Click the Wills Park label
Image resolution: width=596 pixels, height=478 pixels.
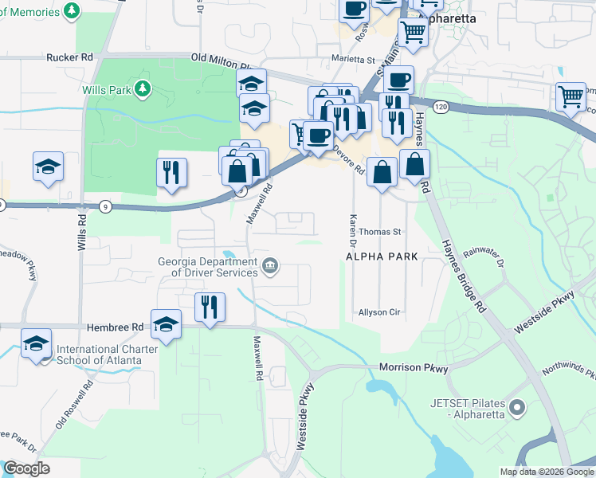(x=106, y=90)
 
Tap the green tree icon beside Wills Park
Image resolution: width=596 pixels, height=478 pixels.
(x=143, y=88)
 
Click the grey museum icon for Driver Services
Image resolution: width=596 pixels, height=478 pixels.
(x=271, y=265)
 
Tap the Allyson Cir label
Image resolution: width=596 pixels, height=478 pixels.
(x=378, y=312)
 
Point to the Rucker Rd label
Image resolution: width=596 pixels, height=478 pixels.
(x=70, y=57)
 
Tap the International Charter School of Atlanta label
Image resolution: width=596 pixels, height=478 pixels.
(x=100, y=355)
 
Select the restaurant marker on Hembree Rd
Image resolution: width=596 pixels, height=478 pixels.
(x=210, y=306)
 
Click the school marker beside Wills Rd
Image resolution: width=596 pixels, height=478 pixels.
(x=48, y=166)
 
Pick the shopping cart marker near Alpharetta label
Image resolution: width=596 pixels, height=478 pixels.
(x=413, y=32)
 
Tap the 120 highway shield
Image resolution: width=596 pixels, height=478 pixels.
(x=440, y=105)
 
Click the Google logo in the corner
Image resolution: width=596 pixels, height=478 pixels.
(x=26, y=468)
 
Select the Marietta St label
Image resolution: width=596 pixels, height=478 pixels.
(x=353, y=60)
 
